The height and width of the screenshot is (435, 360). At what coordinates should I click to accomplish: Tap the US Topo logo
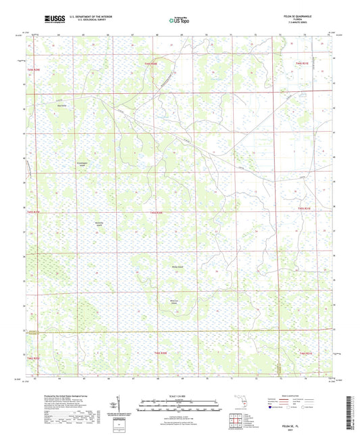pyautogui.click(x=179, y=20)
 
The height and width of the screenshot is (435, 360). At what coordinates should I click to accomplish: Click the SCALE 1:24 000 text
pyautogui.click(x=180, y=396)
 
